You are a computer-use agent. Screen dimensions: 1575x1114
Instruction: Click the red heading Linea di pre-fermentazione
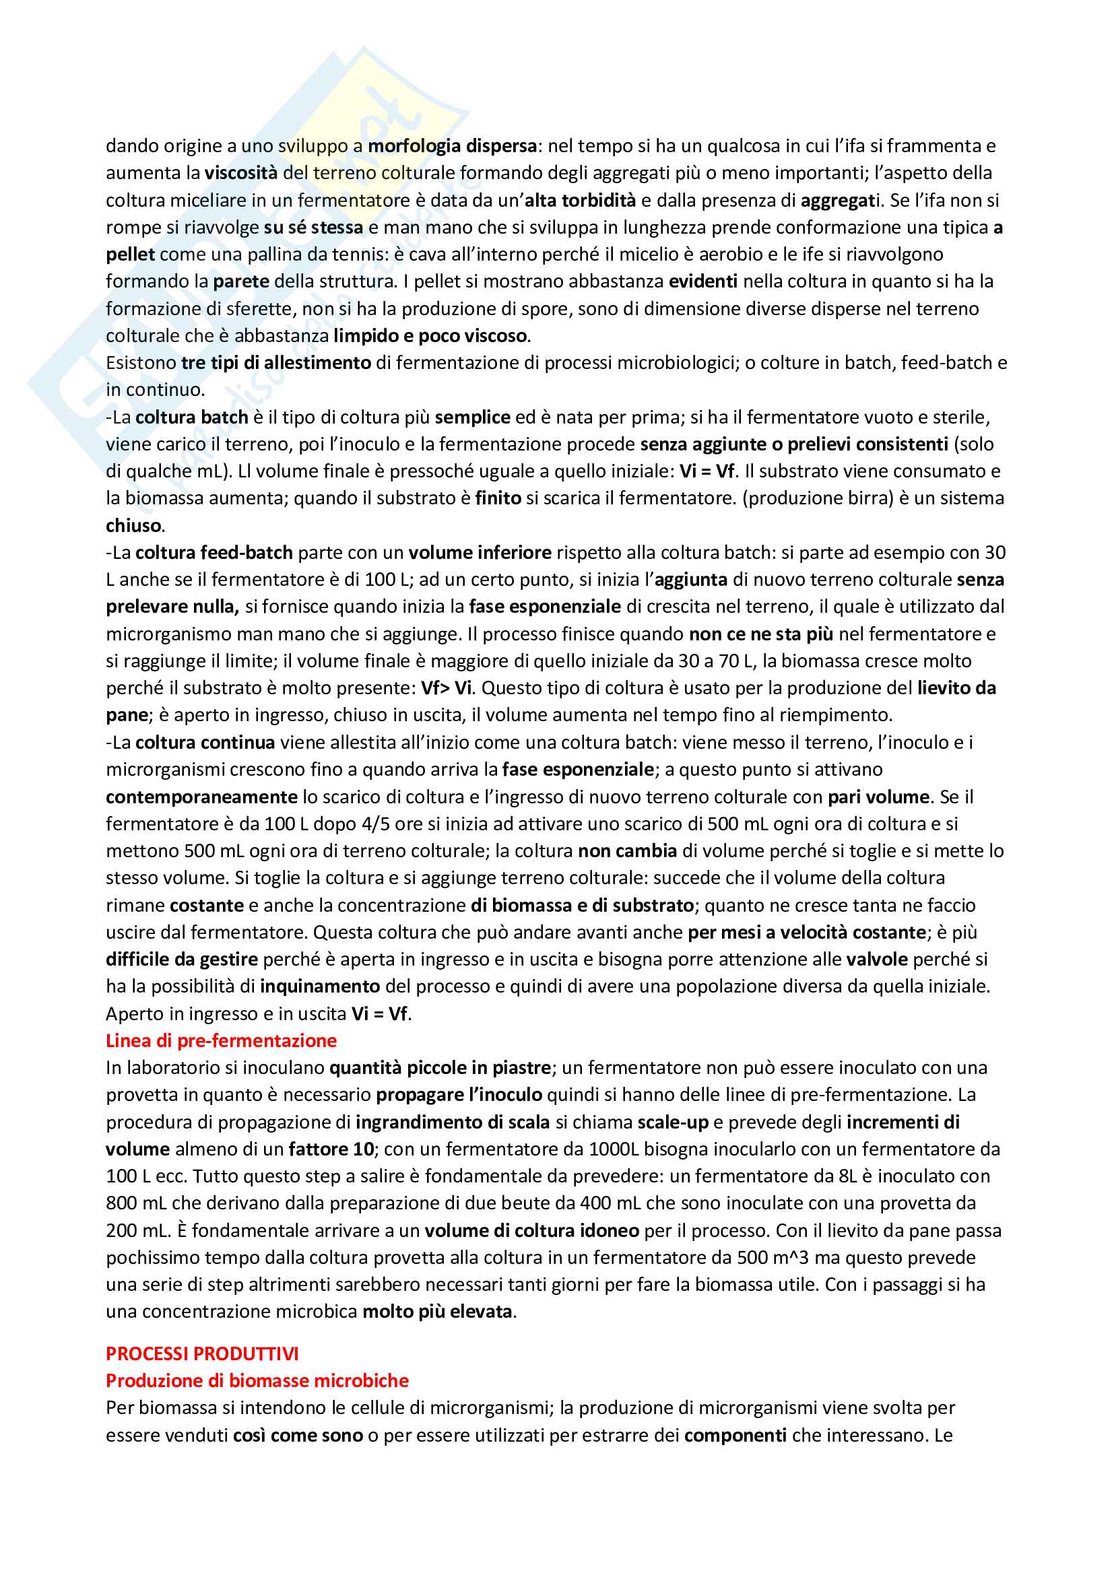pos(221,1041)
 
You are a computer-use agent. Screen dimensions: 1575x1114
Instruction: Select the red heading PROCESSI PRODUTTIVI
pos(202,1353)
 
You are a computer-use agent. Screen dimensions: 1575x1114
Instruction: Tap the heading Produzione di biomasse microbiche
pos(257,1380)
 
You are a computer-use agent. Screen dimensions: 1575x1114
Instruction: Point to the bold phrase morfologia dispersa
pos(452,146)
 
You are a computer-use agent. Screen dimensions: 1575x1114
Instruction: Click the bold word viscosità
pos(240,173)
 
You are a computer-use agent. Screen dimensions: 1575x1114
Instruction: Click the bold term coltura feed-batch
pos(214,553)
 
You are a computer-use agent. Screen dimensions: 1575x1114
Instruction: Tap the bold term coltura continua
pos(205,743)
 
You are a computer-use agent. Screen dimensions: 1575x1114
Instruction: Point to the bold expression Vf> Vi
pos(447,689)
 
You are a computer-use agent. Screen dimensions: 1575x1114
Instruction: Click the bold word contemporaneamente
pos(201,797)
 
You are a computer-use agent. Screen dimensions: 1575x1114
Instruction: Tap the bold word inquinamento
pos(320,986)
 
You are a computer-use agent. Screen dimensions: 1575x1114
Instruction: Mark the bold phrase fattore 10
pos(331,1149)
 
